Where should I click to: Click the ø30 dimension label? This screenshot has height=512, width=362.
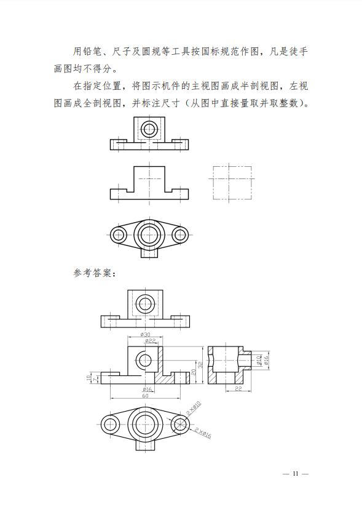[146, 334]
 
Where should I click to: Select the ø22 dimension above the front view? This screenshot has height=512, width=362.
[150, 340]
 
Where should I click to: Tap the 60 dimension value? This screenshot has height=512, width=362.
[146, 396]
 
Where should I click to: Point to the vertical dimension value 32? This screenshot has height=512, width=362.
[200, 365]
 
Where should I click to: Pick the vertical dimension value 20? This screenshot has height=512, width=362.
[194, 372]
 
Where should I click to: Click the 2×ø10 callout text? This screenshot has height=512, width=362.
[194, 409]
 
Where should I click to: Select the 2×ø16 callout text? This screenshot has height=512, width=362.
[203, 433]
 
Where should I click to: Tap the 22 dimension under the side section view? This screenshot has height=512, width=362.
[238, 388]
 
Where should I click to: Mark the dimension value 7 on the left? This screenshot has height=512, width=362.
[95, 380]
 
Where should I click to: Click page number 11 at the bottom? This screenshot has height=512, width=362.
[296, 474]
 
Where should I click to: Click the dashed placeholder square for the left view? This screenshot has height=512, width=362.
[232, 183]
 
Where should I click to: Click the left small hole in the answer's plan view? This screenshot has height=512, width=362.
[110, 424]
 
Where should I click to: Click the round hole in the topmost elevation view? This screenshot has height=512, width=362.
[149, 129]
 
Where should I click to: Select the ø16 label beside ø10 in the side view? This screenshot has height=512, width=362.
[266, 361]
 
